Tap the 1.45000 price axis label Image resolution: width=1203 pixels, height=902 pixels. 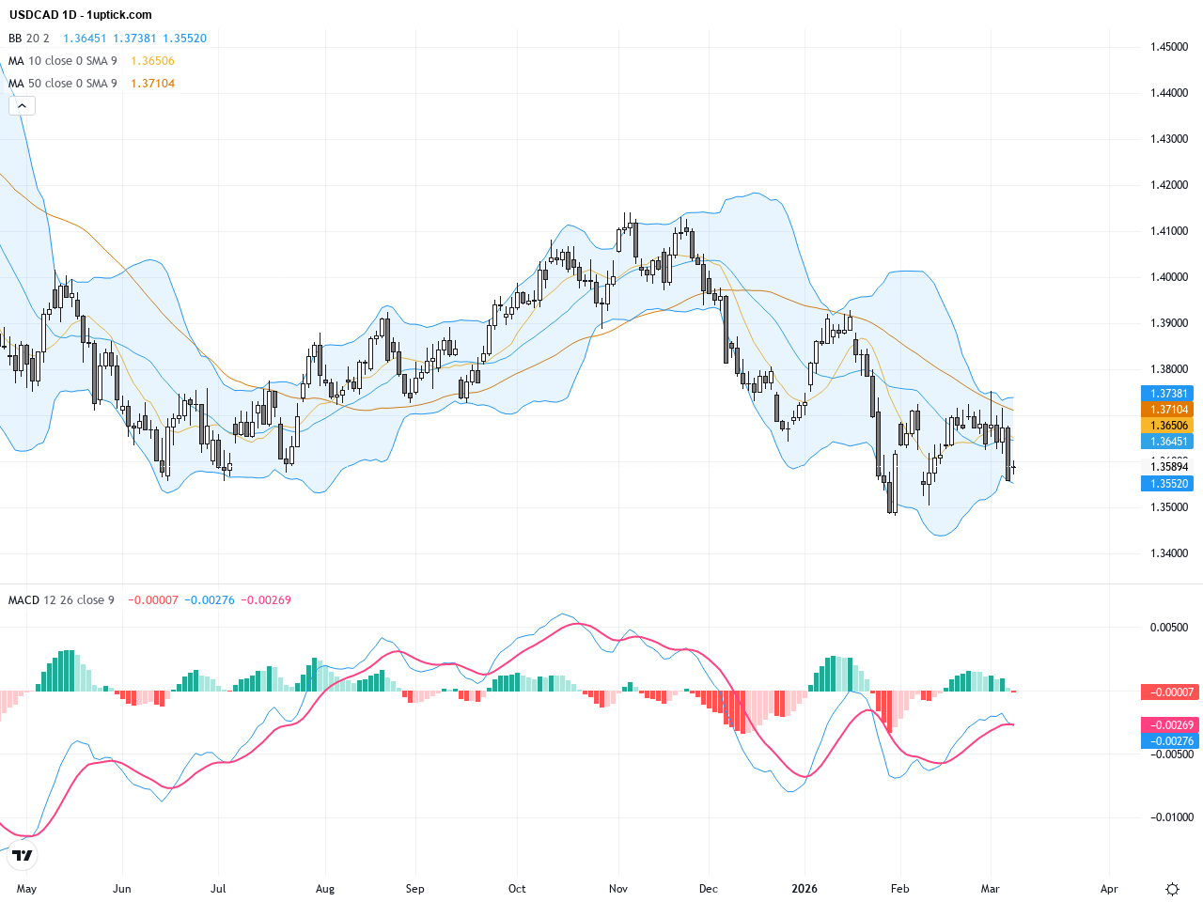coord(1169,47)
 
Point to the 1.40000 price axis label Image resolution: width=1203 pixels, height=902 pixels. coord(1169,277)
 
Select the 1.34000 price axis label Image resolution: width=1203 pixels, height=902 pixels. coord(1169,553)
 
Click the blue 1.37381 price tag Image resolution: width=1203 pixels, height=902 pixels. coord(1169,394)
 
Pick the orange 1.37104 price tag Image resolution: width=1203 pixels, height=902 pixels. coord(1169,410)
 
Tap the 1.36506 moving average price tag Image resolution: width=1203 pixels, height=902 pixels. coord(1169,426)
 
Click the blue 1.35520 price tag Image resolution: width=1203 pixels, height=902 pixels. coord(1169,484)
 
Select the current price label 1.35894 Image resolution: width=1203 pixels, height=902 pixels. coord(1169,467)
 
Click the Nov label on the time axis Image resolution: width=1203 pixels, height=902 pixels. coord(618,889)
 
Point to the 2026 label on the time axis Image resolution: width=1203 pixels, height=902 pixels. coord(805,889)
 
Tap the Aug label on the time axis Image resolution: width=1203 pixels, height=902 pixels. coord(325,889)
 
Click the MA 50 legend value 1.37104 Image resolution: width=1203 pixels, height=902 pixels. coord(152,84)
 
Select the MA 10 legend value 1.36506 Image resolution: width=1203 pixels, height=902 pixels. coord(152,61)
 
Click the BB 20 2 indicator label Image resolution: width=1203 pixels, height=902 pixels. coord(29,39)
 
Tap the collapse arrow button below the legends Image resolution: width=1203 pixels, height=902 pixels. coord(22,106)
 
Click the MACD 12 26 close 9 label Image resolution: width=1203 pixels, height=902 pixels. coord(61,600)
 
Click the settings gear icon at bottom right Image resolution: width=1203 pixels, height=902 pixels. coord(1172,889)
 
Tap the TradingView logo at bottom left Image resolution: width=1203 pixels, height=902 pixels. coord(23,855)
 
